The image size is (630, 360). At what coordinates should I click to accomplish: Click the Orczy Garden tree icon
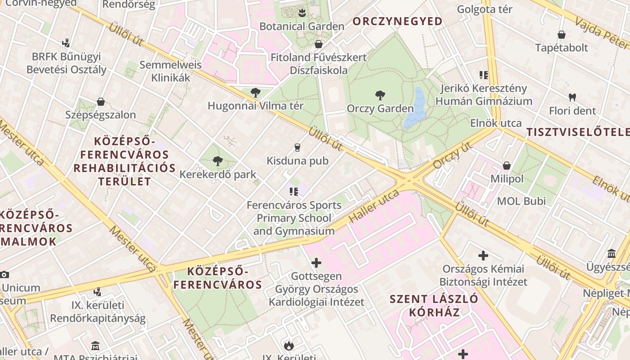(380, 95)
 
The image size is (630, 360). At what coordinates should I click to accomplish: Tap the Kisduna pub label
(297, 161)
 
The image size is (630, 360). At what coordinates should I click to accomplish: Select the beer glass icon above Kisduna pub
(297, 147)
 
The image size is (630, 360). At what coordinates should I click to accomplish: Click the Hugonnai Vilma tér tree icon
(255, 93)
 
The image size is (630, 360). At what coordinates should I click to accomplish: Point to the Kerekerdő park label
(218, 174)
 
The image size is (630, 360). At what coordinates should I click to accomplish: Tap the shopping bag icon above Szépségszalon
(101, 102)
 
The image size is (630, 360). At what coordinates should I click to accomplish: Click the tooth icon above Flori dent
(572, 97)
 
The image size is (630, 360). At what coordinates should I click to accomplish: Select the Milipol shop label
(507, 179)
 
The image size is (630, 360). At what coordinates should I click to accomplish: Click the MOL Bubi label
(521, 201)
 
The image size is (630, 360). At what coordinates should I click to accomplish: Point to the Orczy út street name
(453, 155)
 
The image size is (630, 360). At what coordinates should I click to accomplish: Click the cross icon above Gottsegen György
(316, 262)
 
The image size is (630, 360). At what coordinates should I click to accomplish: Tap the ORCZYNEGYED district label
(397, 21)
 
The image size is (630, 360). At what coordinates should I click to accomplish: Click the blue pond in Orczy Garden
(416, 110)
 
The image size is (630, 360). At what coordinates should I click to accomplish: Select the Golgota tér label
(484, 9)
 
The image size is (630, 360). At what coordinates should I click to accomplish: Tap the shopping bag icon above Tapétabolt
(562, 35)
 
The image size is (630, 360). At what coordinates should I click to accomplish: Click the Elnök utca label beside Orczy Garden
(496, 123)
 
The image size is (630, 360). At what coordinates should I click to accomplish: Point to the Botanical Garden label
(301, 26)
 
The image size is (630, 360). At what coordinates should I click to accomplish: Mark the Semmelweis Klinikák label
(171, 71)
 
